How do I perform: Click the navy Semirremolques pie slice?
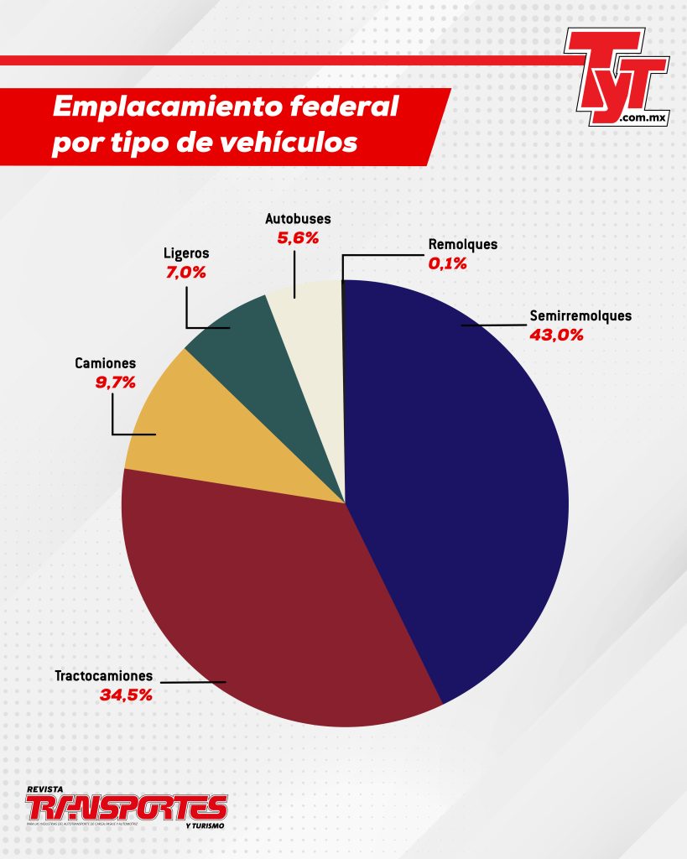pyautogui.click(x=461, y=487)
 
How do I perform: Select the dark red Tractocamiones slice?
pyautogui.click(x=277, y=604)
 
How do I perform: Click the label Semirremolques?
pyautogui.click(x=580, y=317)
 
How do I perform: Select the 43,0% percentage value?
pyautogui.click(x=555, y=335)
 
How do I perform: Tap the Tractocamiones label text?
pyautogui.click(x=105, y=675)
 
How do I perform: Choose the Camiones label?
pyautogui.click(x=105, y=364)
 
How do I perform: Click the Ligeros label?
pyautogui.click(x=185, y=252)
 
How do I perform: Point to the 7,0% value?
pyautogui.click(x=186, y=271)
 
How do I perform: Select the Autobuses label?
pyautogui.click(x=298, y=219)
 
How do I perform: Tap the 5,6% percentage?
pyautogui.click(x=298, y=237)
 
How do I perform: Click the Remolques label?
pyautogui.click(x=462, y=245)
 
